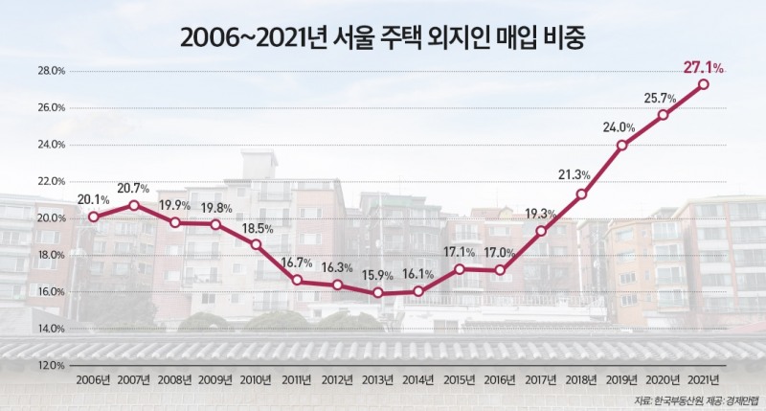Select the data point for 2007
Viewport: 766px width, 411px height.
coord(134,205)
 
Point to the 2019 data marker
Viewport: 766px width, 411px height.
coord(622,146)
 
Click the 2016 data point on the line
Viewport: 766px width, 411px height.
coord(500,270)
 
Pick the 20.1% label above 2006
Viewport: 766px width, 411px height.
coord(94,199)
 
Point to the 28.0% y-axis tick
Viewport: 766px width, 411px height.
coord(51,71)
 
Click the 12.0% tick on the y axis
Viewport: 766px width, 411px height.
coord(51,365)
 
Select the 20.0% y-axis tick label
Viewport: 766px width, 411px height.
coord(51,217)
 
